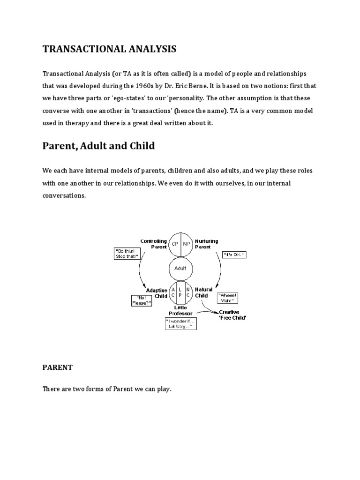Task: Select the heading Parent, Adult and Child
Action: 98,146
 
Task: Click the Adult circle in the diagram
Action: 180,268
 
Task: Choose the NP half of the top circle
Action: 187,244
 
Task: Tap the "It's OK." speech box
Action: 235,255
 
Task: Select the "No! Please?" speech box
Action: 141,300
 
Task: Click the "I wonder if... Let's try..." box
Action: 180,323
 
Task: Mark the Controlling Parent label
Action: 153,244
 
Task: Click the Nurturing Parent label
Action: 207,244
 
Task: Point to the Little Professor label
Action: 180,310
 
